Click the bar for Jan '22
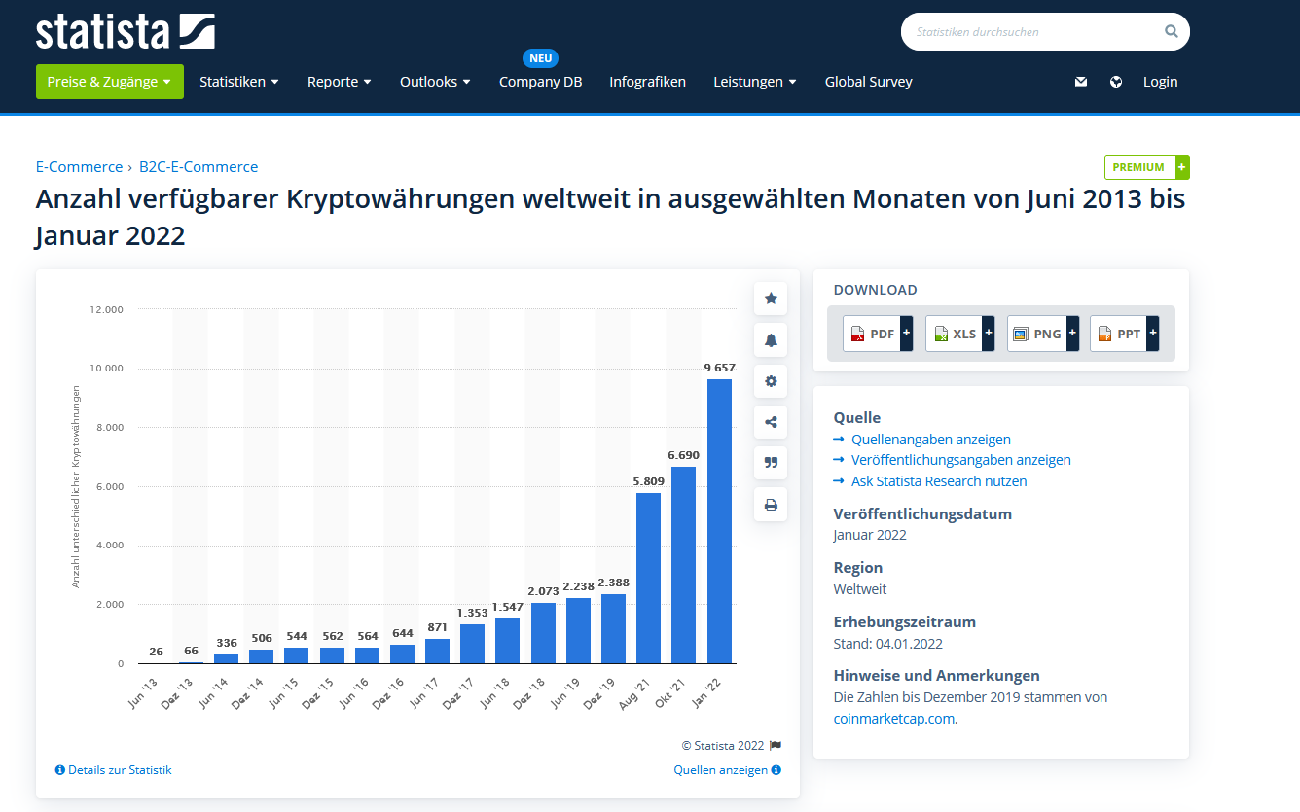[719, 521]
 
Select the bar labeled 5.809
[648, 578]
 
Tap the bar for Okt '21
[684, 565]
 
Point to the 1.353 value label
[472, 613]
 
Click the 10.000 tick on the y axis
[107, 369]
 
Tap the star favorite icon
[771, 299]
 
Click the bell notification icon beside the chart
[771, 340]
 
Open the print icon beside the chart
[771, 505]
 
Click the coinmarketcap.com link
[894, 719]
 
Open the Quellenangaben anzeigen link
[930, 440]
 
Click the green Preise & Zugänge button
[109, 82]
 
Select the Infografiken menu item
[647, 82]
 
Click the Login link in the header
[1160, 82]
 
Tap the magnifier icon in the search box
[1171, 31]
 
